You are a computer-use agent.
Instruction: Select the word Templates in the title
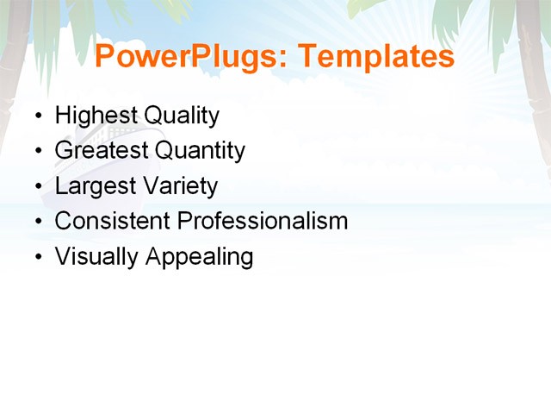tap(375, 57)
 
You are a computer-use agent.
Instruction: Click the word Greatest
tap(101, 151)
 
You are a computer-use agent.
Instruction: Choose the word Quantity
tap(200, 151)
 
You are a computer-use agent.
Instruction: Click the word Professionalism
tap(263, 221)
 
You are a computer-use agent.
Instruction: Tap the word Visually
tap(96, 257)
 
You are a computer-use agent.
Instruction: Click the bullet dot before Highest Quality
tap(38, 116)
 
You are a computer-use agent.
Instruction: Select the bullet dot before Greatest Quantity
tap(38, 152)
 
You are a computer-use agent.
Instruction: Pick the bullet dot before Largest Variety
tap(38, 187)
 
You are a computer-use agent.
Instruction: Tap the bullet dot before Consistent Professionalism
tap(38, 223)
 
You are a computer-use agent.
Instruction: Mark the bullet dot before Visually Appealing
tap(38, 258)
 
